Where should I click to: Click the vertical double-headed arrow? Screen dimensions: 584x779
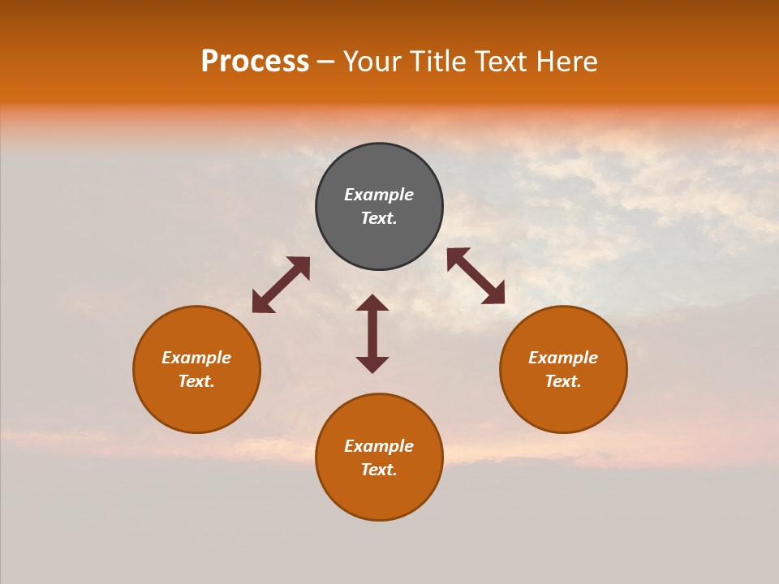point(372,333)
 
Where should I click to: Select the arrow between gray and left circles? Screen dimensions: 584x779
point(281,285)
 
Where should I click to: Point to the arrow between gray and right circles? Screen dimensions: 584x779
point(476,276)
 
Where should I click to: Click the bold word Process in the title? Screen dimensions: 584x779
point(255,61)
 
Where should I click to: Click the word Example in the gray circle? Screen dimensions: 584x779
point(379,195)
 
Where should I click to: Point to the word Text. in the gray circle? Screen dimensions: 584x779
point(379,218)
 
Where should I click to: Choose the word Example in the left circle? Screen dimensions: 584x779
point(196,358)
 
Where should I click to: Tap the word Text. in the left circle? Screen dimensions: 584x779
point(196,381)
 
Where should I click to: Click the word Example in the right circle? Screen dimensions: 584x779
point(563,358)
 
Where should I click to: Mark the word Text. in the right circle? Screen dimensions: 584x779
point(563,381)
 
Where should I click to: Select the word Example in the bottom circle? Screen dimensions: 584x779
point(379,446)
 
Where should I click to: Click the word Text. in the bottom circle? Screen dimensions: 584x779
point(379,470)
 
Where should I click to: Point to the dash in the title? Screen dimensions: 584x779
point(325,62)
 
